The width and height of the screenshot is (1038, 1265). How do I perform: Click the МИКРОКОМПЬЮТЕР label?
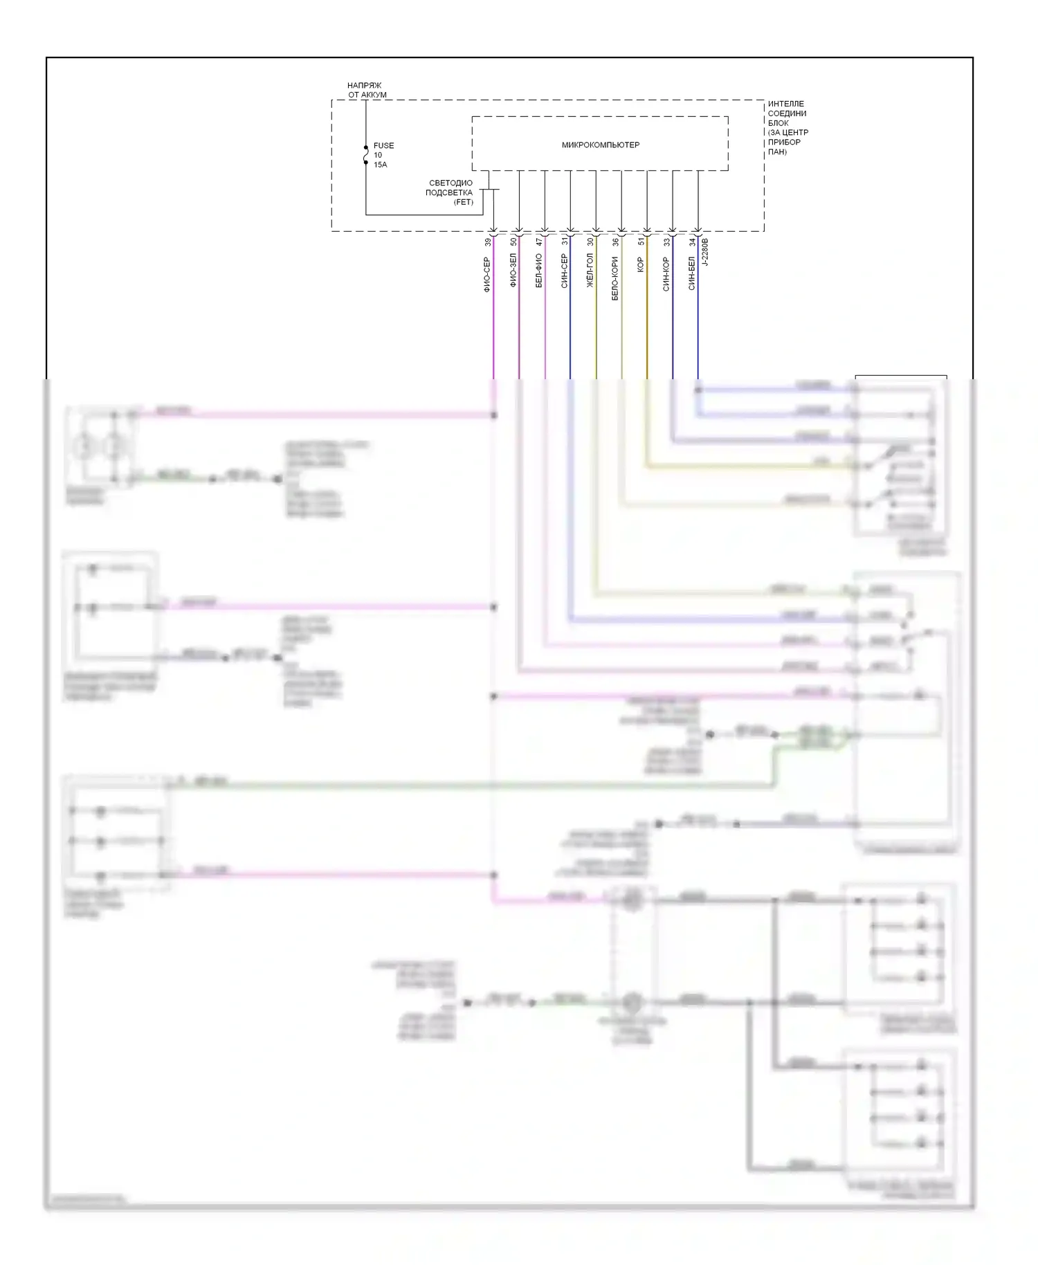click(x=600, y=145)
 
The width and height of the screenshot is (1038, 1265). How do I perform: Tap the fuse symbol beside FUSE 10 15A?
click(x=366, y=156)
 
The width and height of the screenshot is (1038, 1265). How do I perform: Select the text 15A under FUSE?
click(x=380, y=165)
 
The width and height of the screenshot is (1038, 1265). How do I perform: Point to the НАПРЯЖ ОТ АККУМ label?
click(x=366, y=90)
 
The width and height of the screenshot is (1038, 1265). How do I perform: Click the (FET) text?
click(x=463, y=202)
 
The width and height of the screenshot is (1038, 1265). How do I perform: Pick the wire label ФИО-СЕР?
click(x=487, y=275)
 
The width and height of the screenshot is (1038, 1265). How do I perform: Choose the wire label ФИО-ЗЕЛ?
click(x=513, y=271)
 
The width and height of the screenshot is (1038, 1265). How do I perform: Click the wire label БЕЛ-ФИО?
click(x=538, y=271)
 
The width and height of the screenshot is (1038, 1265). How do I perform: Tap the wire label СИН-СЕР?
click(x=564, y=271)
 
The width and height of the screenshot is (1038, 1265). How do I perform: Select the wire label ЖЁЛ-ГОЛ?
click(x=590, y=271)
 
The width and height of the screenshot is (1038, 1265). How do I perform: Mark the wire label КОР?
click(x=640, y=264)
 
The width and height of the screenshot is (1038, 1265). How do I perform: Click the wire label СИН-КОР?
click(x=666, y=274)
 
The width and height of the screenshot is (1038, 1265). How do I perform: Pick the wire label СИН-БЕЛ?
click(x=691, y=273)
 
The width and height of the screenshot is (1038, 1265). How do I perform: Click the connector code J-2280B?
click(x=705, y=253)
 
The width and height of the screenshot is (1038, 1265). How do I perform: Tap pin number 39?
click(x=488, y=242)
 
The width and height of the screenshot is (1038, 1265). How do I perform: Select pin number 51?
click(x=641, y=242)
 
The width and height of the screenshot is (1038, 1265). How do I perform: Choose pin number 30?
click(x=590, y=242)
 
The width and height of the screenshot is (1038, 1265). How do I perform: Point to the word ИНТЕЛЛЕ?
click(x=785, y=104)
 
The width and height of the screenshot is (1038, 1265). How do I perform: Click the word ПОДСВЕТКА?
click(x=448, y=192)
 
